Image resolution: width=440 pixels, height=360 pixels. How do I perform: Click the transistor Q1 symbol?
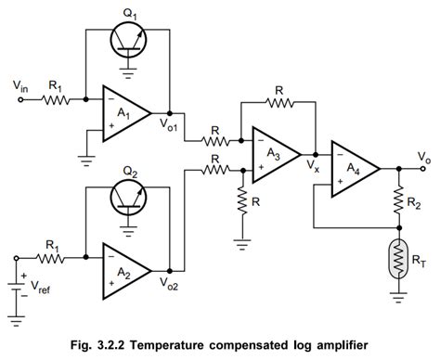click(x=126, y=39)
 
